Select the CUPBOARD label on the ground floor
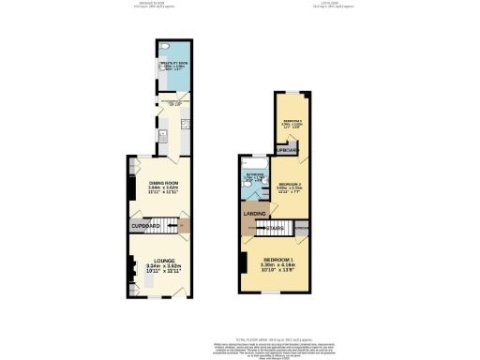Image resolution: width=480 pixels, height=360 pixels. [x=146, y=227]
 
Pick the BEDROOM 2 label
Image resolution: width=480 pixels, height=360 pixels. [x=290, y=184]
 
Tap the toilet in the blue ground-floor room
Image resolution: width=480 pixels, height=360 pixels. [x=165, y=47]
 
